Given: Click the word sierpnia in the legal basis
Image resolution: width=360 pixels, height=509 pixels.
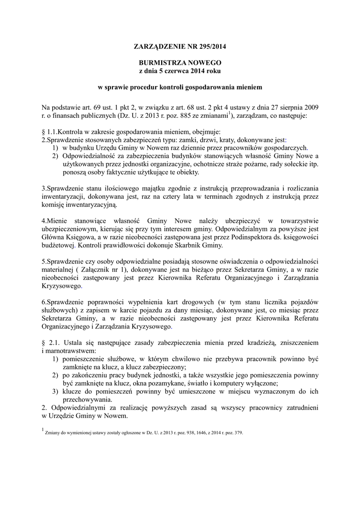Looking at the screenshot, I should click(x=285, y=107).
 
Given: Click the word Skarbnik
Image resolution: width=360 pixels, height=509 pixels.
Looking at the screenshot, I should click(x=189, y=245).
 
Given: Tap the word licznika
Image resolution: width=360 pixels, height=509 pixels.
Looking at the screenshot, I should click(x=290, y=301).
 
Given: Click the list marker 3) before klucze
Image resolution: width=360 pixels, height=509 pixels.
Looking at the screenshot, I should click(x=56, y=391).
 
